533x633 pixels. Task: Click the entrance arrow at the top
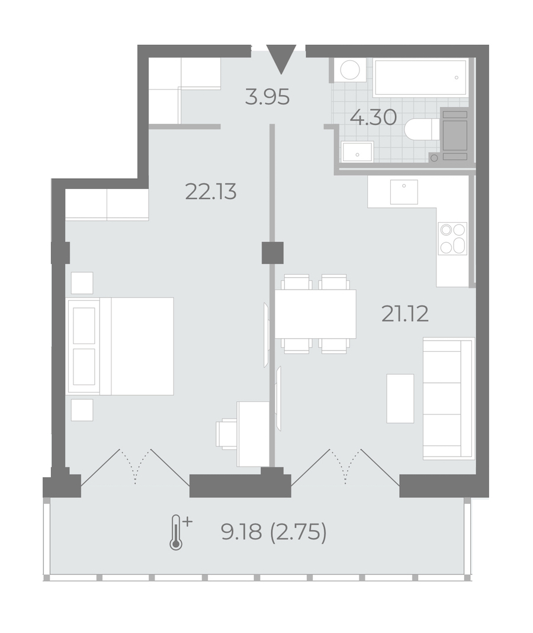click(x=281, y=59)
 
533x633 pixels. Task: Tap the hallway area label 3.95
click(x=267, y=97)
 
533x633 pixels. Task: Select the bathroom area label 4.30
click(x=373, y=117)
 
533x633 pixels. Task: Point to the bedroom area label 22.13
click(x=210, y=192)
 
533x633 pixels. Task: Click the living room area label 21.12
click(x=404, y=314)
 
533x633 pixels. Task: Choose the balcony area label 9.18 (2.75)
click(x=274, y=532)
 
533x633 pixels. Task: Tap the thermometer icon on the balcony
click(x=179, y=532)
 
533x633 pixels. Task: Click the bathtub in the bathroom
click(x=420, y=77)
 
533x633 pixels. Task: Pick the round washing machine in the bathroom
click(x=350, y=70)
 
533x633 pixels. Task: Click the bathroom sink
click(x=357, y=152)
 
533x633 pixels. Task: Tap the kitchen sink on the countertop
click(x=404, y=192)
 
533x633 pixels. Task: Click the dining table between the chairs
click(x=315, y=314)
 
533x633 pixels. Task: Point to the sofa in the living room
click(x=449, y=399)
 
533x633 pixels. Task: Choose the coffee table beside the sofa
click(x=400, y=399)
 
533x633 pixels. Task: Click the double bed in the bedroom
click(x=121, y=346)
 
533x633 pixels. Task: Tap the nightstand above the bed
click(x=82, y=282)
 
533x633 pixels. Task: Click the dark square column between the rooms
click(x=272, y=253)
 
